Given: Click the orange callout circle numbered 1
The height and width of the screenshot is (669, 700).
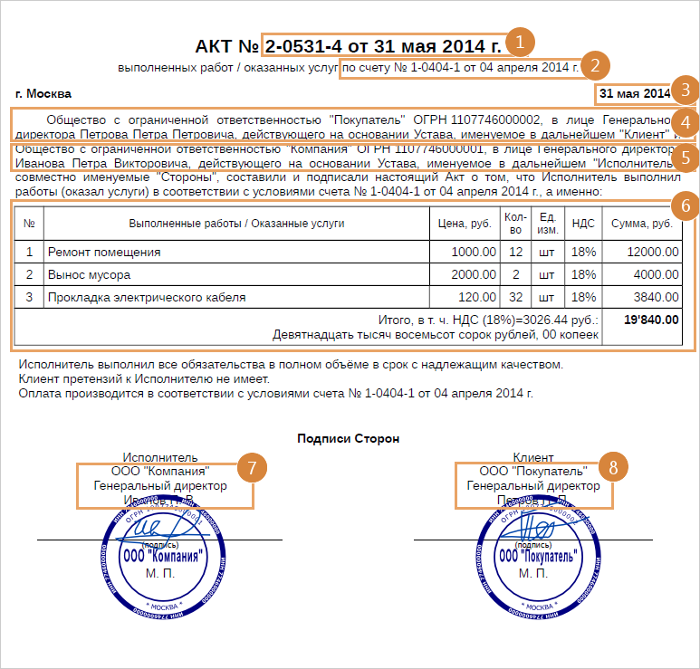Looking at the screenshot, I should coord(520,43).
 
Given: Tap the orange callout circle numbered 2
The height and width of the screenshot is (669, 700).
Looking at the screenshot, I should coord(594,66).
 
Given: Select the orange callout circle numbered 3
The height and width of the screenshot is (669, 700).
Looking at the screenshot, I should coord(686,90).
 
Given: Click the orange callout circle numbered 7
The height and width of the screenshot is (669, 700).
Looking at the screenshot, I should coord(252,467).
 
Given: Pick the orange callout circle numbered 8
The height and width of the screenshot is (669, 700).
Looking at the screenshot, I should coord(613,467).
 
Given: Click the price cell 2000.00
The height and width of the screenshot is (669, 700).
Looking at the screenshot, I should coord(474,274).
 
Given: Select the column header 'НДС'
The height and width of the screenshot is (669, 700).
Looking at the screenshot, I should coord(584,223).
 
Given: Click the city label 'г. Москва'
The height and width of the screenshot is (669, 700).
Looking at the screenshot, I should coord(43,93).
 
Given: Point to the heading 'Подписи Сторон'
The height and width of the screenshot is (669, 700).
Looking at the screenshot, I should coord(349,438).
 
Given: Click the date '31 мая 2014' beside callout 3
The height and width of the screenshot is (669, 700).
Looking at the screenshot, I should coord(634,93).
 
